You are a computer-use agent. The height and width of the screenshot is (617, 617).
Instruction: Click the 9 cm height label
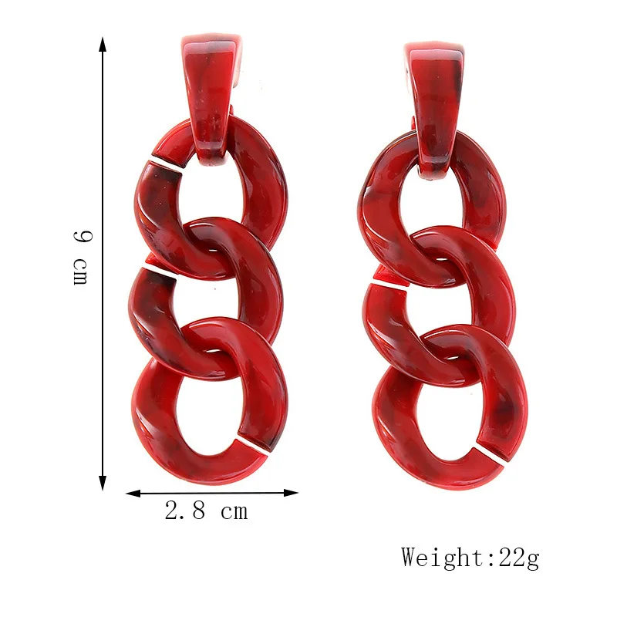[80, 257]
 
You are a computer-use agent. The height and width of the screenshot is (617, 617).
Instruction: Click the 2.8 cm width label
[206, 511]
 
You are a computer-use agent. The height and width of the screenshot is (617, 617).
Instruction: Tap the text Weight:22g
[470, 556]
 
